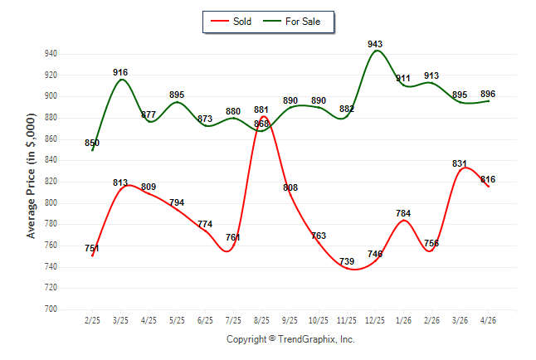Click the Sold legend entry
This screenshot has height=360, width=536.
(x=231, y=22)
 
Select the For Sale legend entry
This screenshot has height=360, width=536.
(x=291, y=22)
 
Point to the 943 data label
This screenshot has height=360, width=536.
(x=375, y=44)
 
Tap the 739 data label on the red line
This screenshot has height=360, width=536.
(x=347, y=261)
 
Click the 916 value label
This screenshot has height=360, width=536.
(x=120, y=72)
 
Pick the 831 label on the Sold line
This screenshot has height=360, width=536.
(x=460, y=163)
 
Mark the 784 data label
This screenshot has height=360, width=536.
(x=403, y=213)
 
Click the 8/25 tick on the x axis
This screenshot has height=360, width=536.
(x=261, y=320)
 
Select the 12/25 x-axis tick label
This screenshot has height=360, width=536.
(x=375, y=320)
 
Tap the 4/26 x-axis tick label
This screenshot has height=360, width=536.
(x=488, y=320)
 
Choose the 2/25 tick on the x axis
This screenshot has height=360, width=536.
(x=92, y=320)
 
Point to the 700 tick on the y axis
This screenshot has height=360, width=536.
(x=51, y=309)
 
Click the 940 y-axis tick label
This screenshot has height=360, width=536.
(x=51, y=54)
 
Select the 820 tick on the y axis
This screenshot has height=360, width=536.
(x=51, y=182)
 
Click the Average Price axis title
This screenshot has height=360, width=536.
(x=31, y=176)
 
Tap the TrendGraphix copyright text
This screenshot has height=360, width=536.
(x=290, y=339)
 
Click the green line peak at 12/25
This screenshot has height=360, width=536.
(x=377, y=51)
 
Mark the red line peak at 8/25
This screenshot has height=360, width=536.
(x=264, y=117)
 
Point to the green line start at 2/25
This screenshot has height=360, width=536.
(x=92, y=150)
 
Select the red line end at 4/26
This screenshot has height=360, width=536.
(x=488, y=187)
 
